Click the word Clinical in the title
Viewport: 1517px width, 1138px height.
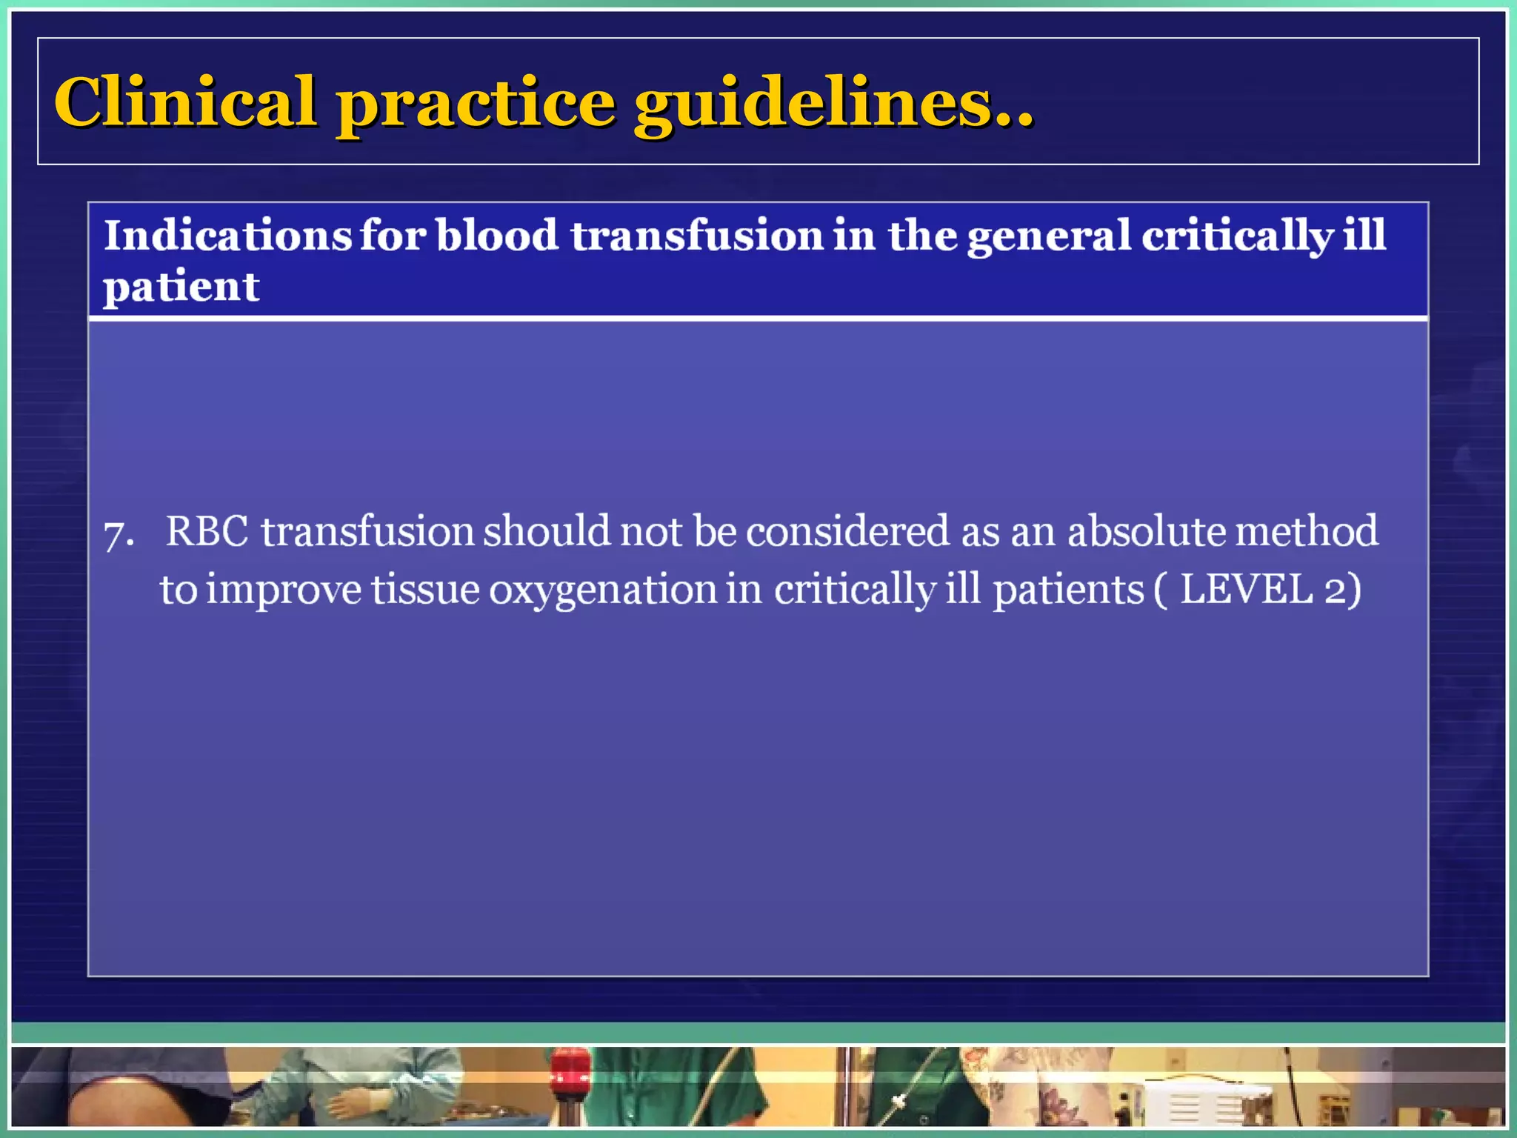[185, 102]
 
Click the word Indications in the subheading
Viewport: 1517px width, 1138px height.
[227, 236]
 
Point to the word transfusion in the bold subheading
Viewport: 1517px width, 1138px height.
[696, 236]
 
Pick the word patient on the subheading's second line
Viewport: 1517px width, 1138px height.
[181, 287]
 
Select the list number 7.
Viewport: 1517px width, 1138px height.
[117, 533]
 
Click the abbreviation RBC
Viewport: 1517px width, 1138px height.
[207, 532]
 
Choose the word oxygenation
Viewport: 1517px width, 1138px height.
[603, 591]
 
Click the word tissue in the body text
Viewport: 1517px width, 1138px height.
[426, 590]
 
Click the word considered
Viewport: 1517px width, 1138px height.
[847, 532]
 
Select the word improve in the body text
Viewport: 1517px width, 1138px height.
[283, 591]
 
